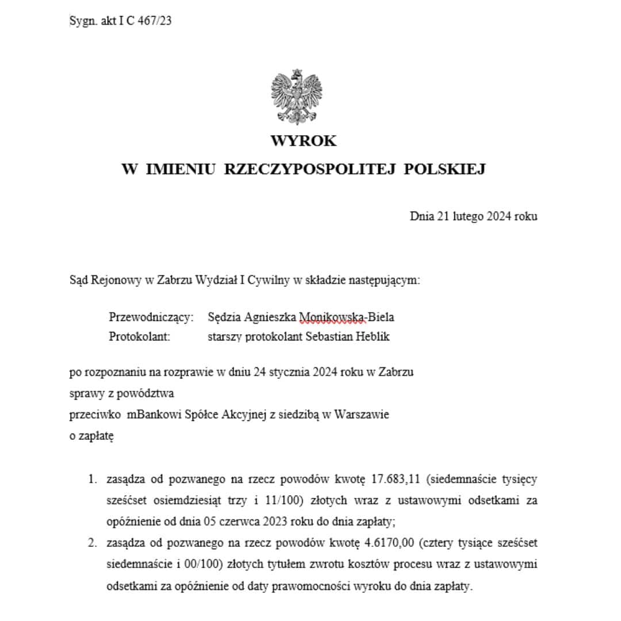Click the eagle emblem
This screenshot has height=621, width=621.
(296, 96)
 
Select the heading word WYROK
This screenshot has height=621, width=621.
(304, 141)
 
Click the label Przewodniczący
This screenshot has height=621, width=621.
(151, 317)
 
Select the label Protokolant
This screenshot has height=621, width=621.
(140, 337)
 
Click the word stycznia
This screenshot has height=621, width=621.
(287, 372)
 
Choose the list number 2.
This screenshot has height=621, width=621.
(92, 542)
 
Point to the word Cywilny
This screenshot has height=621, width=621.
(270, 281)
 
